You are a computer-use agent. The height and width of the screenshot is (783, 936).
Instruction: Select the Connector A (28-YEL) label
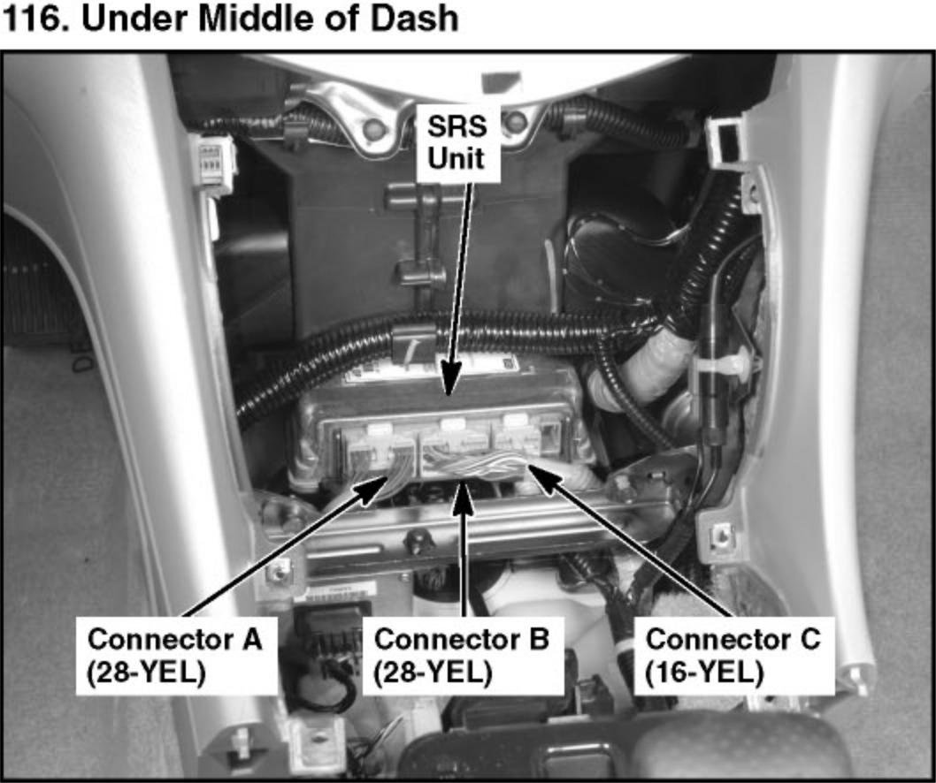click(x=175, y=654)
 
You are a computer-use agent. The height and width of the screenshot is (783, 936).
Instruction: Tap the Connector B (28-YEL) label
click(x=462, y=654)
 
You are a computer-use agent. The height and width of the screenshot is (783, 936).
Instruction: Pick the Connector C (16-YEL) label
click(x=733, y=654)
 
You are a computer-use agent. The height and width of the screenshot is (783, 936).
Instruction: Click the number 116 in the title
click(x=34, y=18)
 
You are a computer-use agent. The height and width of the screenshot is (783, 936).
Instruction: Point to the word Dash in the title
click(x=414, y=18)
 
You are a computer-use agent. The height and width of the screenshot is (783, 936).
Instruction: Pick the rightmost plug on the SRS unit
click(x=526, y=442)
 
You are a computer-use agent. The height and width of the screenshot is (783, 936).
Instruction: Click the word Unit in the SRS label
click(x=457, y=159)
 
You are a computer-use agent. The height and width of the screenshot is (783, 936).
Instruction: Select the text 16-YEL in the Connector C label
click(x=704, y=673)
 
